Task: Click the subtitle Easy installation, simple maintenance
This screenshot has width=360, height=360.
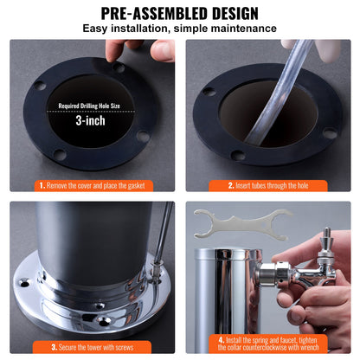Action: click(179, 29)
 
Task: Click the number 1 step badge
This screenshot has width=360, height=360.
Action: click(42, 185)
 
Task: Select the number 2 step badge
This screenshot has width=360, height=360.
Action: click(231, 185)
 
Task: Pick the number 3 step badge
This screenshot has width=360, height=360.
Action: click(41, 346)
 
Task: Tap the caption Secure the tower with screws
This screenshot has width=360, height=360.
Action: click(92, 346)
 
